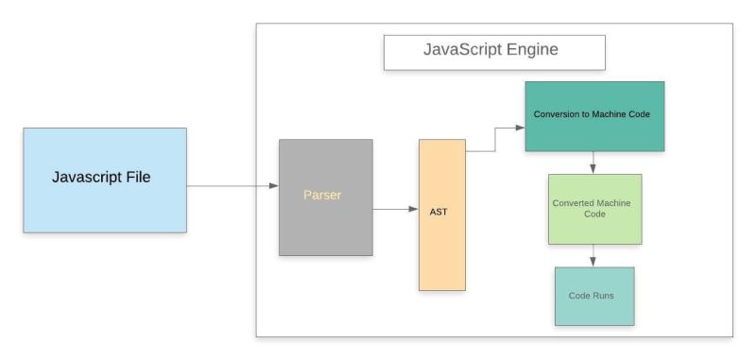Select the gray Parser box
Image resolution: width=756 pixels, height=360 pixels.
click(325, 197)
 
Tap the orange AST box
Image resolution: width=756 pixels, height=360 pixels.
click(442, 214)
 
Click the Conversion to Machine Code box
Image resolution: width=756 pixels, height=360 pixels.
click(594, 116)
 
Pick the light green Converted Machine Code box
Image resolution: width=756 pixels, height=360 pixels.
click(594, 209)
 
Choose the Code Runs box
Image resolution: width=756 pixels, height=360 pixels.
click(593, 296)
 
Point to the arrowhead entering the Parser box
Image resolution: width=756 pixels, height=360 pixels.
click(273, 186)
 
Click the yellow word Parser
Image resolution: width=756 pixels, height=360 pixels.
click(321, 197)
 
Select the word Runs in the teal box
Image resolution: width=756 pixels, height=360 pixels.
click(606, 296)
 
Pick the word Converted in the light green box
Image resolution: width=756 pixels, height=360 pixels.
click(575, 202)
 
